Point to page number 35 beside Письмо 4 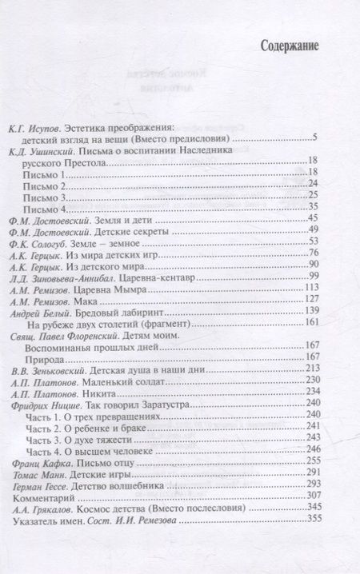click(313, 208)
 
